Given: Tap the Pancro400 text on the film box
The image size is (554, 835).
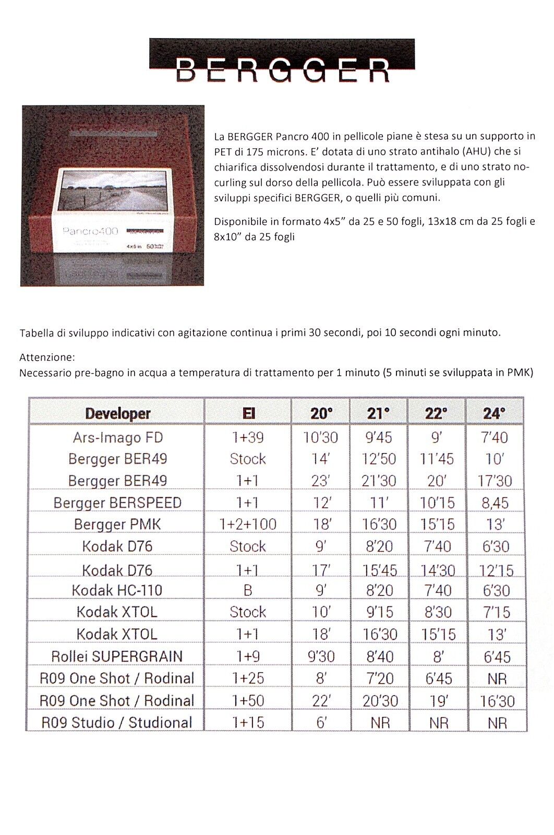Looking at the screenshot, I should [x=90, y=231].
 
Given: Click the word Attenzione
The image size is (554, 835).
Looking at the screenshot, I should [x=47, y=357].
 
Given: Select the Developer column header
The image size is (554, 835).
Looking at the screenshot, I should [x=117, y=414].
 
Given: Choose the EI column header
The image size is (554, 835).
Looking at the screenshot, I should [x=248, y=414].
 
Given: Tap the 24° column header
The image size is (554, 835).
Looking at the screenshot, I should [x=494, y=414].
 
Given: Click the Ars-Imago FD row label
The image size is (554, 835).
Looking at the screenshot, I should [x=118, y=437].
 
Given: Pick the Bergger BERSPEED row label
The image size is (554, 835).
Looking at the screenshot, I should [x=117, y=503].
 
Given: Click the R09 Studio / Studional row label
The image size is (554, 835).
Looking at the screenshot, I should [x=117, y=722].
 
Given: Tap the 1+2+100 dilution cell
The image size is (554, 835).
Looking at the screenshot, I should [x=248, y=524].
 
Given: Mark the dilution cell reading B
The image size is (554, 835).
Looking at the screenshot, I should [x=248, y=590].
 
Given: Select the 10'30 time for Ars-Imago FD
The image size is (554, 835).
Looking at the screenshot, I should [x=321, y=437].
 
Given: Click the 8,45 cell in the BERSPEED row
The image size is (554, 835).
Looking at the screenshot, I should [x=495, y=503].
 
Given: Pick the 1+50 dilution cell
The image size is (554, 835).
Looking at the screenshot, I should [x=248, y=700].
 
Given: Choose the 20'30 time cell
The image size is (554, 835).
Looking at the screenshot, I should [x=380, y=700].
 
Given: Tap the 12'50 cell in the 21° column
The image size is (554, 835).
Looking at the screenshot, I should [x=379, y=459].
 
